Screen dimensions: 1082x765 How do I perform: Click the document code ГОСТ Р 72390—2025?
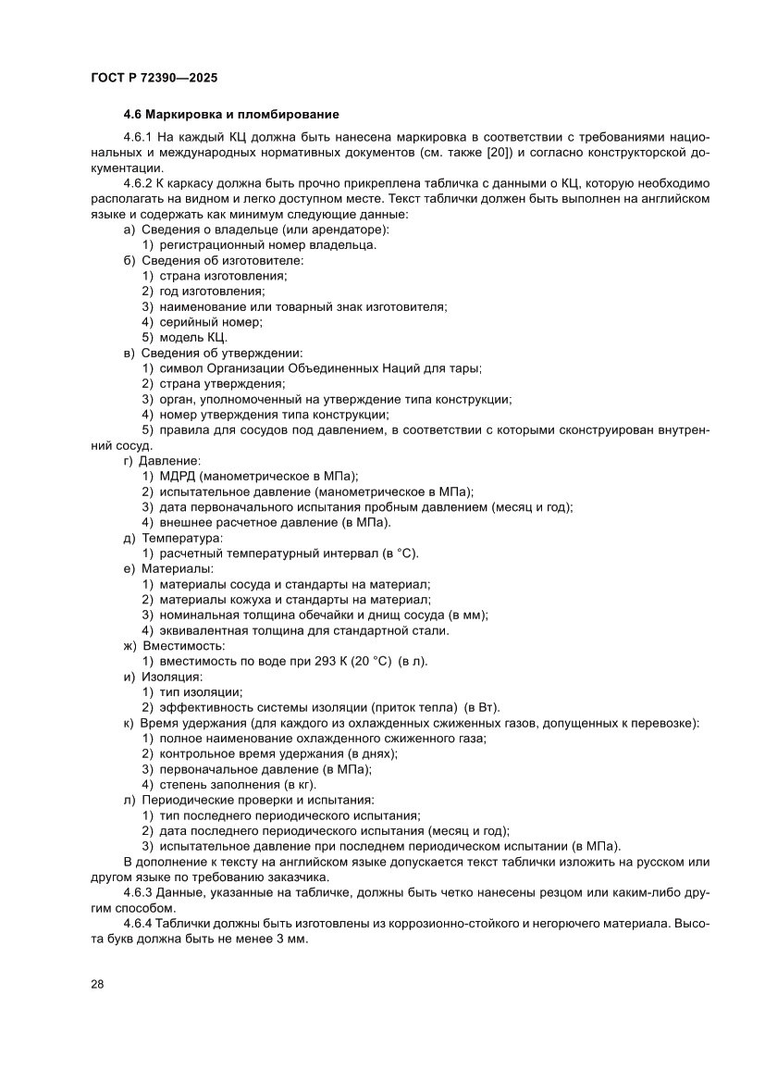click(154, 79)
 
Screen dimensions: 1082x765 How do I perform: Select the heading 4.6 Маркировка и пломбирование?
click(231, 115)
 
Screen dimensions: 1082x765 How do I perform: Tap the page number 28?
click(96, 983)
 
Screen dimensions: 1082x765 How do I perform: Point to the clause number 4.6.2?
click(141, 183)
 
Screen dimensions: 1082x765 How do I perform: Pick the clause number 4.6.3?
click(141, 892)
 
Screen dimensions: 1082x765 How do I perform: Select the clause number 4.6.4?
click(141, 924)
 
